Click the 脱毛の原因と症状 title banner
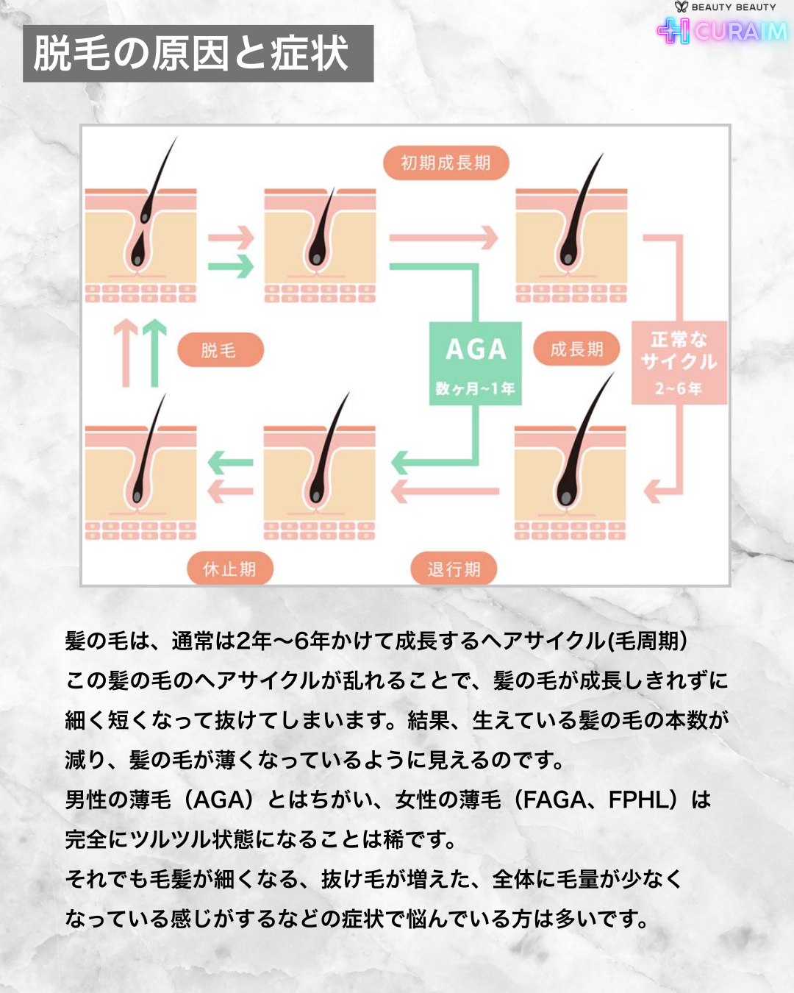(198, 54)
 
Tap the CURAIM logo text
(740, 32)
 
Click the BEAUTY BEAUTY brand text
(733, 7)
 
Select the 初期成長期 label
(446, 163)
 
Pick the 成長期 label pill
(576, 349)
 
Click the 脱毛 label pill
(219, 351)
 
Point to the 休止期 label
(229, 569)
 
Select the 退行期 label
(454, 569)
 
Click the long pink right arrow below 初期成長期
(443, 238)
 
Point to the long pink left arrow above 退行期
(445, 491)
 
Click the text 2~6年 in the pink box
(679, 388)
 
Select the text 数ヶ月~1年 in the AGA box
(476, 388)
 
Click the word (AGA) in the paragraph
(218, 800)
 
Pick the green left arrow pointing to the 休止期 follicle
(230, 463)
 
